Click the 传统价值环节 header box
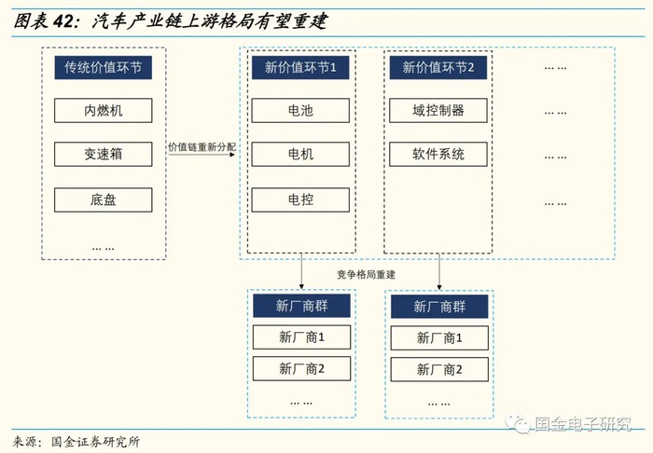(x=103, y=67)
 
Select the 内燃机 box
(x=103, y=111)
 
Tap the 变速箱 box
(x=103, y=154)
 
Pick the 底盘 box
(x=103, y=199)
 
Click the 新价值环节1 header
(x=300, y=67)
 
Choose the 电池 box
(x=300, y=111)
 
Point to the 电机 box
(x=300, y=154)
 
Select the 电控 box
(x=300, y=199)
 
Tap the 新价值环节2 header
(x=438, y=67)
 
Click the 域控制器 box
(x=438, y=111)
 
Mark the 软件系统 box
(x=438, y=154)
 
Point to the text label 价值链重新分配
(x=203, y=147)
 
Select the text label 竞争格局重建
(x=367, y=274)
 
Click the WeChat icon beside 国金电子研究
(x=516, y=424)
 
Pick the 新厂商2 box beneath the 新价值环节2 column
(x=438, y=369)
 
